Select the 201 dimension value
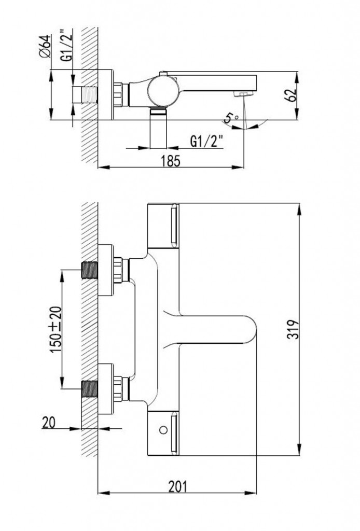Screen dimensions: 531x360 [x=177, y=486]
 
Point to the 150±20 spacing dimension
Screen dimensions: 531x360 [x=54, y=329]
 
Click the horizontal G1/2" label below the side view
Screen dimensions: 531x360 [x=206, y=141]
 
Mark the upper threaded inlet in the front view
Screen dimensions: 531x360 [x=90, y=271]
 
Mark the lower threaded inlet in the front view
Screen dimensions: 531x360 [x=90, y=388]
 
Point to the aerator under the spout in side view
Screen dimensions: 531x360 [x=242, y=93]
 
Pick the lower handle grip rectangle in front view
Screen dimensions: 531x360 [x=173, y=431]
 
